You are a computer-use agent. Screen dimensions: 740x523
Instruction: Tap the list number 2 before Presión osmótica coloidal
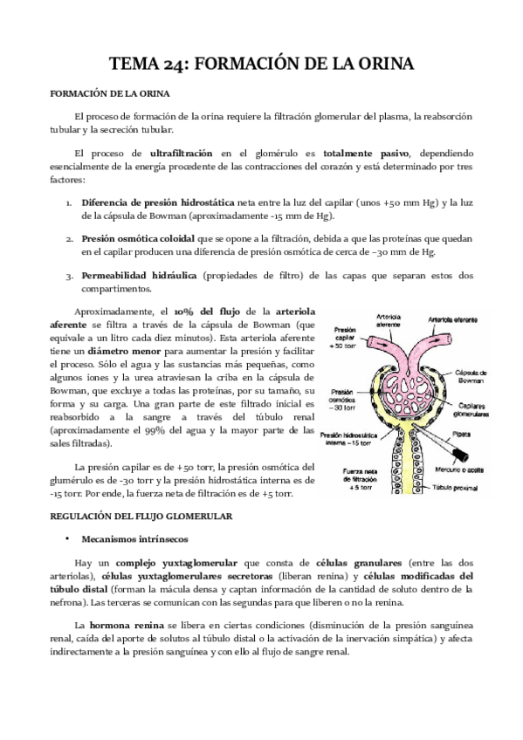coord(70,237)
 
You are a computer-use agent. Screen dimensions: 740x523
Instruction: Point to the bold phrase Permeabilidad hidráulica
coord(138,275)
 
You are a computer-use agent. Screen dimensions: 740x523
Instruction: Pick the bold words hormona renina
coord(121,626)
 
